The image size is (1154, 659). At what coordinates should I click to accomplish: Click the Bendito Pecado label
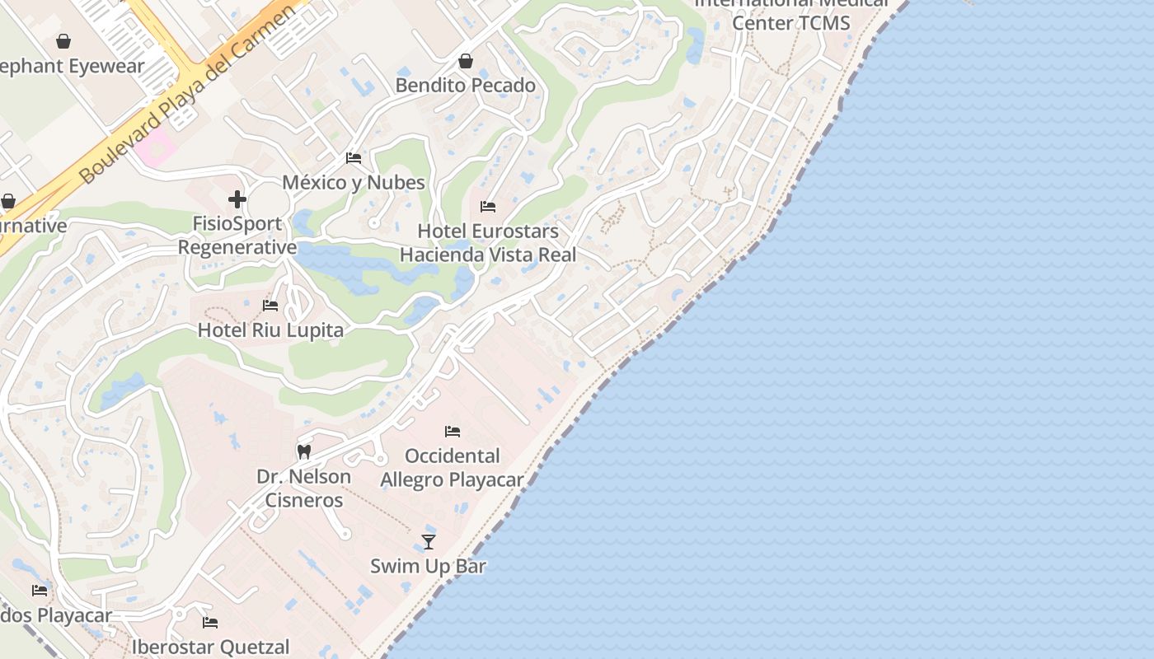click(x=466, y=85)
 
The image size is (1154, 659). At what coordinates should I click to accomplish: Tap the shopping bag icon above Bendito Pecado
click(x=466, y=61)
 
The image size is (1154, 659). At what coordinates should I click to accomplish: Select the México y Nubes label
click(x=354, y=182)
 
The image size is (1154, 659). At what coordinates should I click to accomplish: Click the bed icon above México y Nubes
click(x=354, y=158)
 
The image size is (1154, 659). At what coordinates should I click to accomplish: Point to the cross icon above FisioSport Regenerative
click(x=237, y=199)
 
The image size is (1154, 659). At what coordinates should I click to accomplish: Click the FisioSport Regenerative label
click(x=237, y=236)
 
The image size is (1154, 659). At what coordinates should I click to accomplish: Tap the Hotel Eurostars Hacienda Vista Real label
click(x=488, y=243)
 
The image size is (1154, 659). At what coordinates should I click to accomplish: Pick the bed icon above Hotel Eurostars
click(x=488, y=207)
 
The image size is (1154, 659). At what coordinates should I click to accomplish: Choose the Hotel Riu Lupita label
click(x=270, y=330)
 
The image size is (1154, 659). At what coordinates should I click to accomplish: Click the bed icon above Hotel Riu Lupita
click(x=270, y=306)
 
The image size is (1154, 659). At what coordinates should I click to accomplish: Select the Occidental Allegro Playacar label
click(x=453, y=468)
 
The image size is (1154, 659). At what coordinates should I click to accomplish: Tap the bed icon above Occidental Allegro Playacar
click(x=453, y=431)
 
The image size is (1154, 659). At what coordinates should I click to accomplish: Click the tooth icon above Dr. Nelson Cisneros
click(x=304, y=451)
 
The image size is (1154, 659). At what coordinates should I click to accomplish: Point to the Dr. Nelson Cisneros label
click(x=304, y=488)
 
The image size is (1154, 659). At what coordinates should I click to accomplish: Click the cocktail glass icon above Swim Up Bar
click(x=429, y=541)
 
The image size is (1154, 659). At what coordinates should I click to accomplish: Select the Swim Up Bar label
click(x=429, y=566)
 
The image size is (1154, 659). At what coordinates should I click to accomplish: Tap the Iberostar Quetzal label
click(x=211, y=647)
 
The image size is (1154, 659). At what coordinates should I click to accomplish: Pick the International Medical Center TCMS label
click(x=791, y=14)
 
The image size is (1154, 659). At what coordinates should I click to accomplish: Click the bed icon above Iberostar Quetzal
click(x=210, y=623)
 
